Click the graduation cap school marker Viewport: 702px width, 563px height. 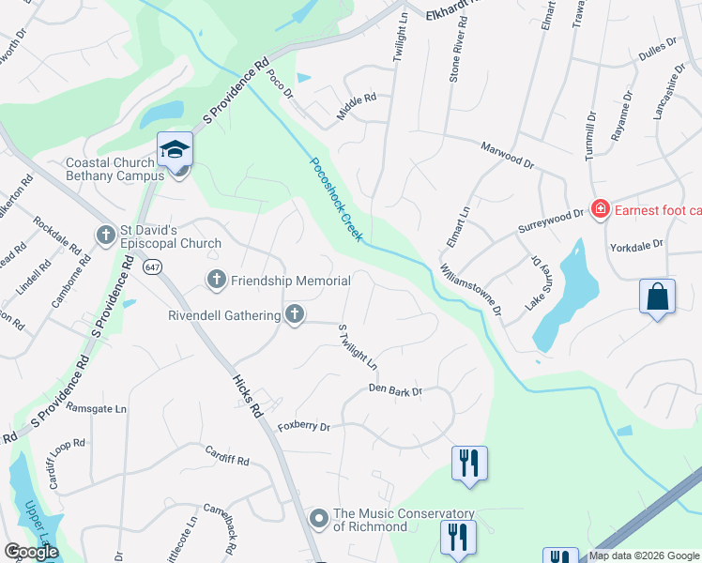point(175,151)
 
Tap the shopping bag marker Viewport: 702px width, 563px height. point(658,297)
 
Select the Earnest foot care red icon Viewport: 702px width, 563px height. point(599,209)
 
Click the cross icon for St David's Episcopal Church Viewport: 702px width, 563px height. point(106,232)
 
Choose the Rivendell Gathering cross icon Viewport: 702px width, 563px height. point(295,315)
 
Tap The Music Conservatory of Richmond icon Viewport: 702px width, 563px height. point(319,518)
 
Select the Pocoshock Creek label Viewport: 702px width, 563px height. point(336,199)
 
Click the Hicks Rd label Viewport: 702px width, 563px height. point(247,393)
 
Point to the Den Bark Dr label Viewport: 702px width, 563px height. point(396,388)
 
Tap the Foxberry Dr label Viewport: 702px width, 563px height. point(304,427)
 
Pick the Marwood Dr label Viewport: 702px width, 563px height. point(507,156)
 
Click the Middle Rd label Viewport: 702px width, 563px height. point(357,106)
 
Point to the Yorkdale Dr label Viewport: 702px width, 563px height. point(636,243)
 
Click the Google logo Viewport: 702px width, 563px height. point(31,553)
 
